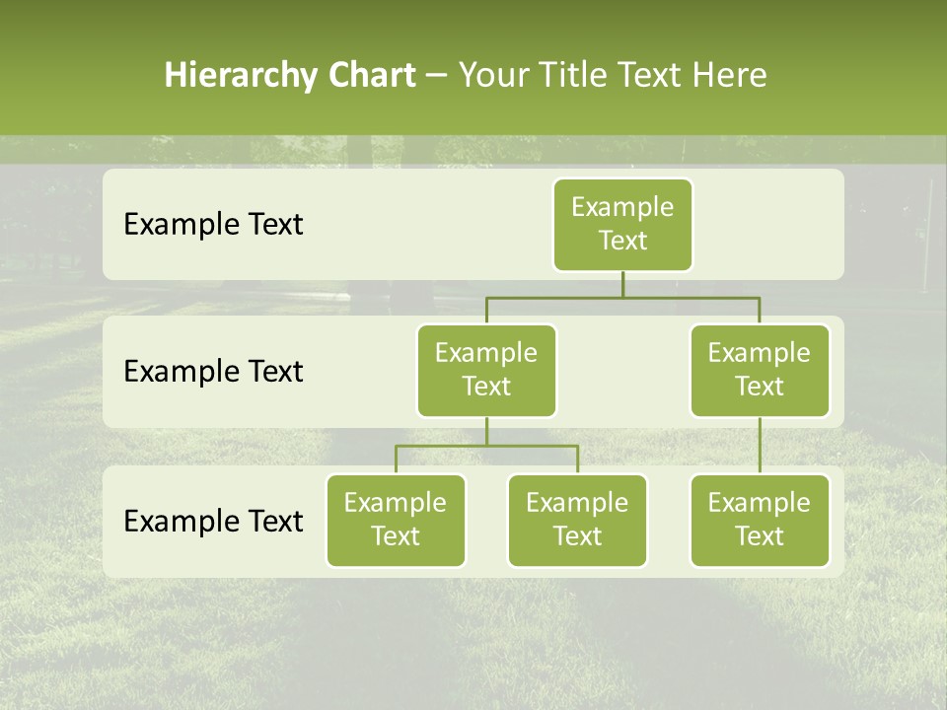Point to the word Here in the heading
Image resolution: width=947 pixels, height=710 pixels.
pos(729,75)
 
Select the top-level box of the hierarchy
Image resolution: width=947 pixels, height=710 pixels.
pos(622,224)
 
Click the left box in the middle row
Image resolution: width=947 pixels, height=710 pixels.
pos(486,370)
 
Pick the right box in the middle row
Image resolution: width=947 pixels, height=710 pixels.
pos(760,370)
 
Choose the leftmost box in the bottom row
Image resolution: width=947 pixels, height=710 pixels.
pos(396,520)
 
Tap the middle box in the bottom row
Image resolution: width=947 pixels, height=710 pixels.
pos(577,520)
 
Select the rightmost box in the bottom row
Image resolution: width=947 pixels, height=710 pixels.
pos(760,520)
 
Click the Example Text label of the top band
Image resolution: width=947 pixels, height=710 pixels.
pos(213,224)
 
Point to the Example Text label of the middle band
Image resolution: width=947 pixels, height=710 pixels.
pos(213,371)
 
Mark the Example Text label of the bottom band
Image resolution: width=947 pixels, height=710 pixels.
pos(213,521)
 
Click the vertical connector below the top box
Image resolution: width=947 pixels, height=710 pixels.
pos(622,284)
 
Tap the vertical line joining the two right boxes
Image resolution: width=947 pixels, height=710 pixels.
pos(760,446)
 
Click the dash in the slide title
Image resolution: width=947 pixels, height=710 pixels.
pos(437,76)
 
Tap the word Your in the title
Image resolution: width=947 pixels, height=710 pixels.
pos(490,75)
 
